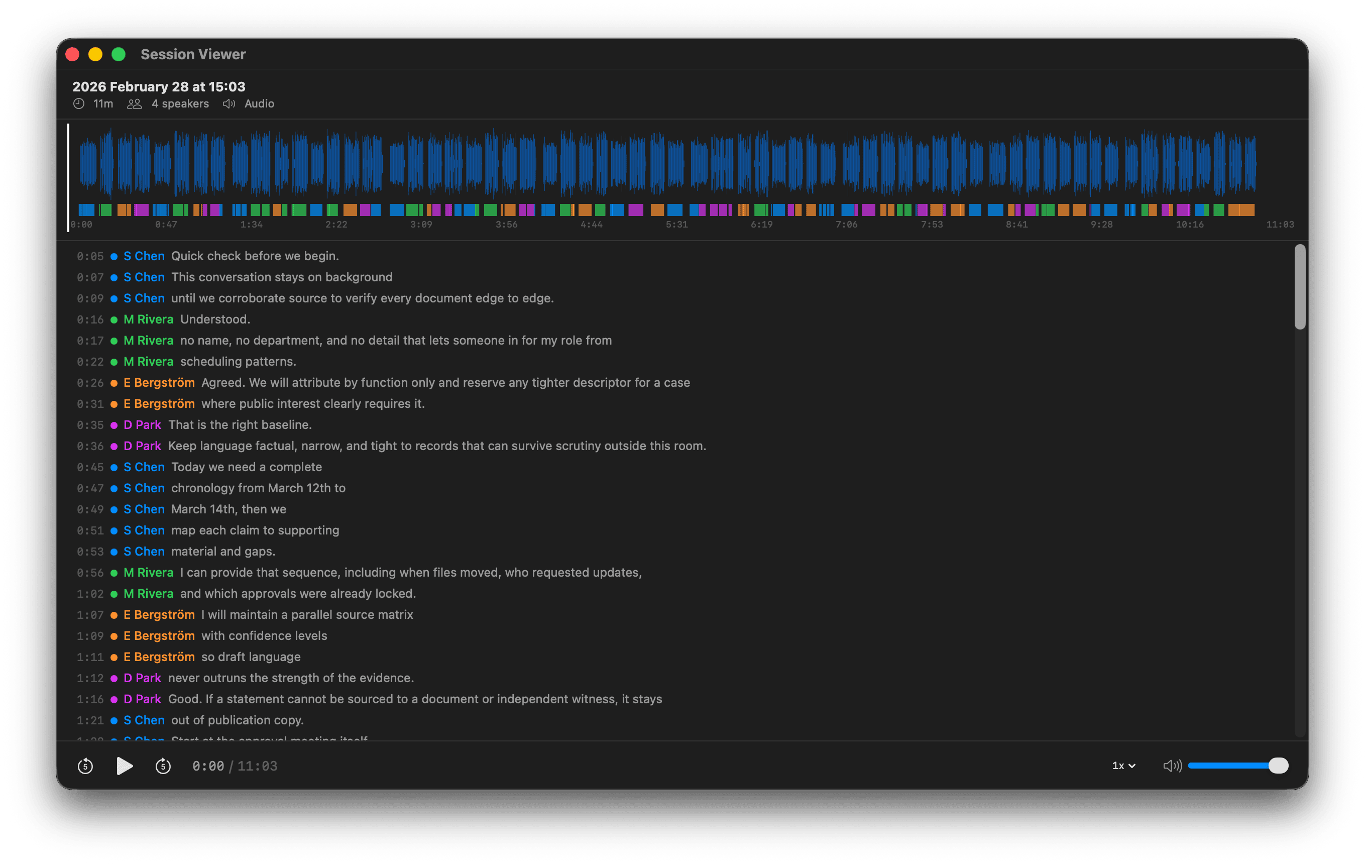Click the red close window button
pos(72,54)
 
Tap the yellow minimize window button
pos(95,54)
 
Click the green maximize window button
pos(119,54)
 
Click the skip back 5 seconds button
pos(85,766)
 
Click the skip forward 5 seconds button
pos(163,766)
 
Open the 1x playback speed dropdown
pos(1123,766)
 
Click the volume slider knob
pos(1278,766)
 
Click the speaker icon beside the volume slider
pos(1172,766)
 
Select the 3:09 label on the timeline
pos(421,225)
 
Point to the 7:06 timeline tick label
pos(846,225)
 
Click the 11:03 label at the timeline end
pos(1280,225)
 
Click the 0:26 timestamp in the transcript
pos(90,383)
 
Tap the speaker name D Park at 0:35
pos(142,424)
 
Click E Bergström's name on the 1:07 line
pos(159,614)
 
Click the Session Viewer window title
pos(193,54)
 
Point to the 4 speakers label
pos(180,104)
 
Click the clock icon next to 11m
pos(79,104)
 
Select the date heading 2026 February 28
pos(159,87)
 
